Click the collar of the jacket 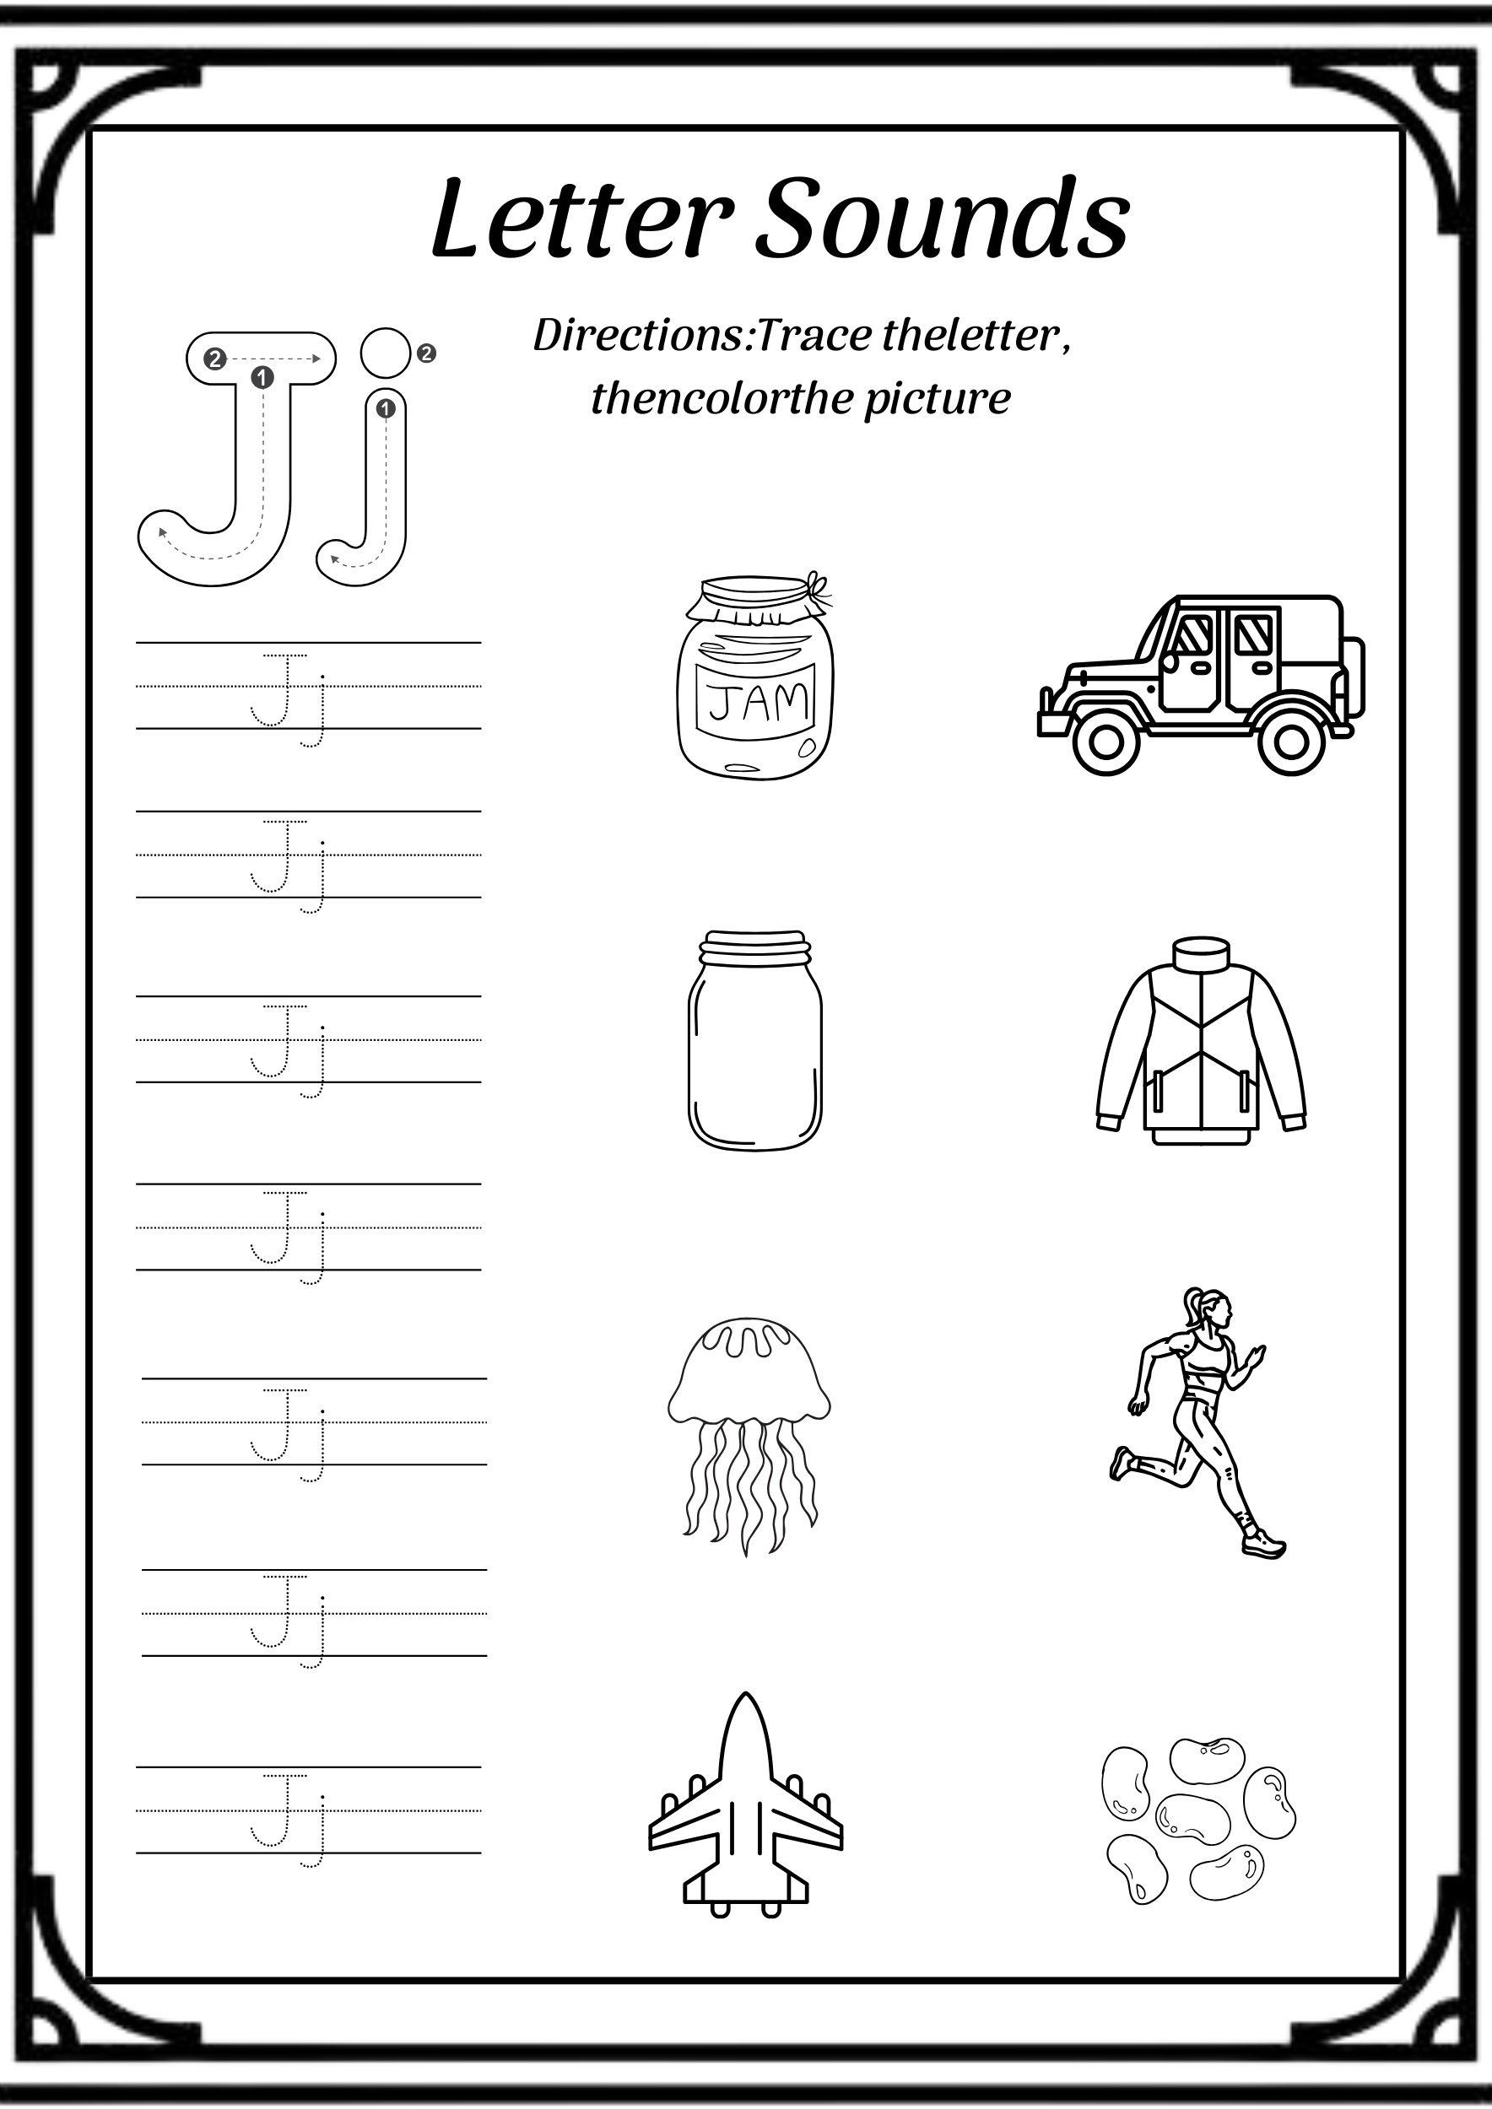(x=1201, y=952)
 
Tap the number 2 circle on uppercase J (x=215, y=359)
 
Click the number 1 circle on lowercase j (x=386, y=407)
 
